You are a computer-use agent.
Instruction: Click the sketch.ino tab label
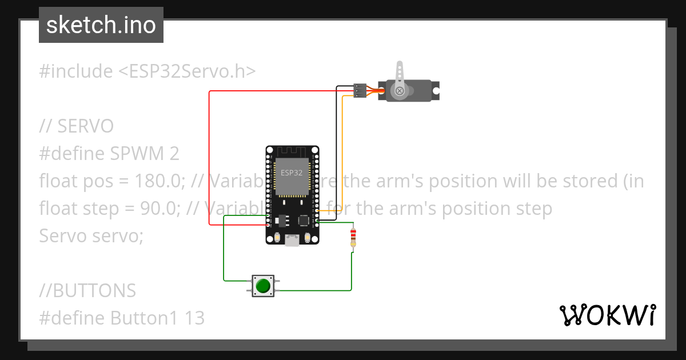pyautogui.click(x=101, y=25)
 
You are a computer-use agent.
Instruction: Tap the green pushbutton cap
pyautogui.click(x=263, y=285)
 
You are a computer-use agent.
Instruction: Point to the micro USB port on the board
pyautogui.click(x=293, y=241)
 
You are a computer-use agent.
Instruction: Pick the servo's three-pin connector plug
pyautogui.click(x=360, y=90)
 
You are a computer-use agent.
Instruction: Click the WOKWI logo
pyautogui.click(x=607, y=315)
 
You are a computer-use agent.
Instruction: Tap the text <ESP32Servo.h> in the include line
pyautogui.click(x=187, y=71)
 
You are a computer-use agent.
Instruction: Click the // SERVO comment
pyautogui.click(x=77, y=126)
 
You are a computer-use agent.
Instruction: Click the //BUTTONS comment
pyautogui.click(x=87, y=291)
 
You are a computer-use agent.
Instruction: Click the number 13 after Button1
pyautogui.click(x=194, y=318)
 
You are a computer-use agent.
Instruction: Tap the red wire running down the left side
pyautogui.click(x=209, y=160)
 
